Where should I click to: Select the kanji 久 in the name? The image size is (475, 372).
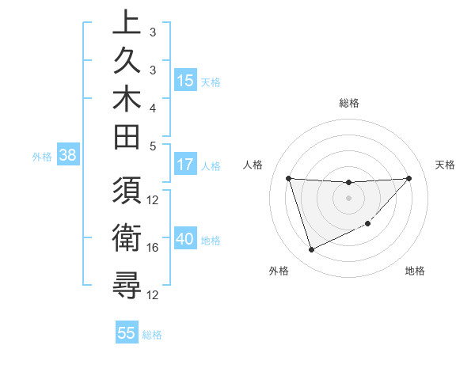(x=127, y=62)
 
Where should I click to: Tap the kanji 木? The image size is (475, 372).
(x=127, y=100)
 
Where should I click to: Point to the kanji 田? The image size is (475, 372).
(x=127, y=138)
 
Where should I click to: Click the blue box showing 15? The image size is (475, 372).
(x=185, y=80)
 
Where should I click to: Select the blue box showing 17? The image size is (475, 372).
(x=185, y=165)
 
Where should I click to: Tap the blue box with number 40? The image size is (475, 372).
(x=185, y=240)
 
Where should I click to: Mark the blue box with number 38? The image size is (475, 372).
(x=67, y=156)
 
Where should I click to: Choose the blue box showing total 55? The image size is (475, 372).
(x=127, y=333)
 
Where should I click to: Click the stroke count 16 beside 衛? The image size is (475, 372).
(x=154, y=248)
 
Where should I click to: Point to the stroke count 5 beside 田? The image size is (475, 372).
(x=153, y=146)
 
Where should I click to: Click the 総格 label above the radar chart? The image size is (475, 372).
(x=349, y=103)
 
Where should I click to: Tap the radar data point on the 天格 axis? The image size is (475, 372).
(x=408, y=178)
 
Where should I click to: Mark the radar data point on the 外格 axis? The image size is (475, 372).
(x=311, y=250)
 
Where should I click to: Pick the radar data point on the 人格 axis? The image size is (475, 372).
(x=288, y=178)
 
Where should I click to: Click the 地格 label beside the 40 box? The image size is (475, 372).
(x=211, y=241)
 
